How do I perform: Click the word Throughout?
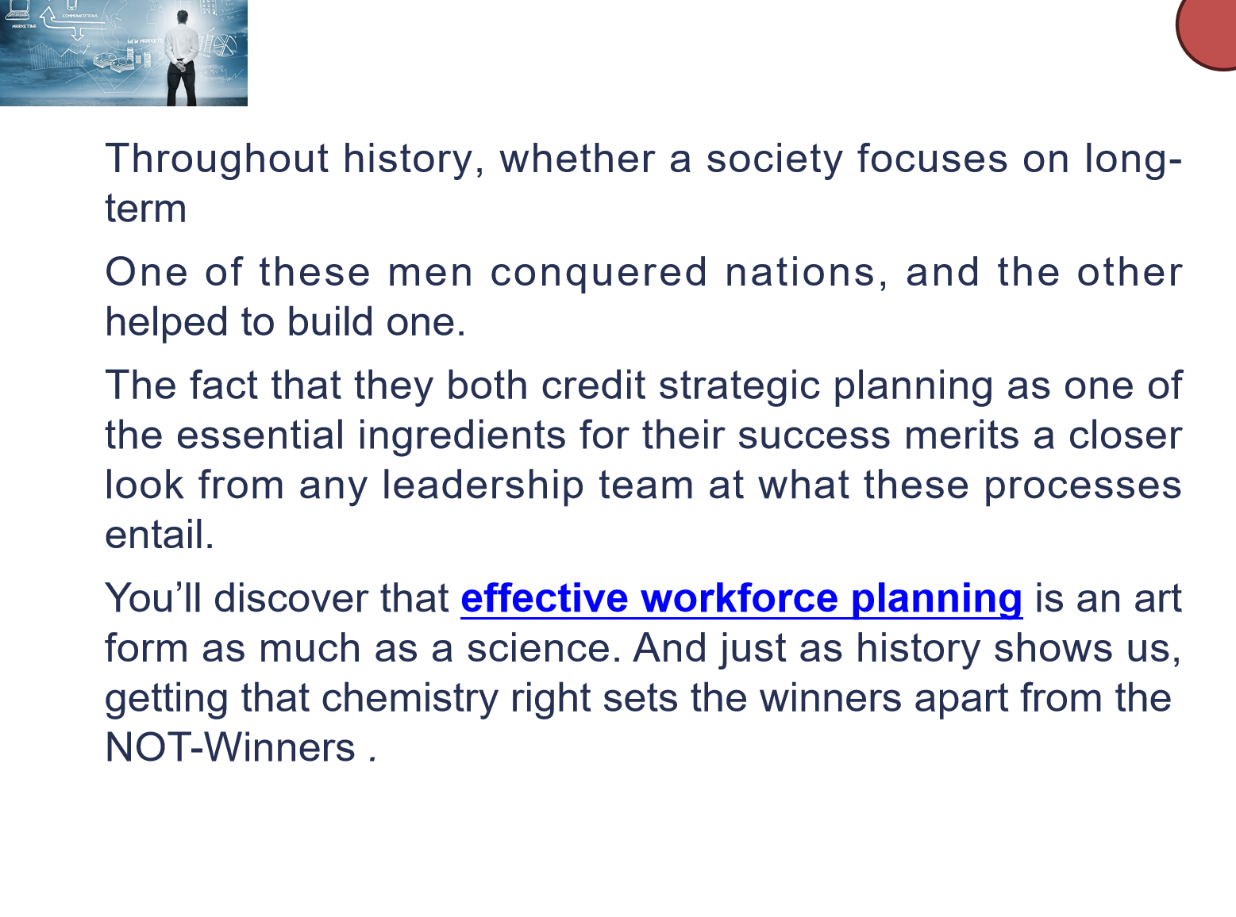(217, 160)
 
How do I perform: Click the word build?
(330, 321)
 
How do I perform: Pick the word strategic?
(740, 386)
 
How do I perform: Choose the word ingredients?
(461, 436)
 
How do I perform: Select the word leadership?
(483, 485)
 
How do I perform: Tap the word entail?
(160, 535)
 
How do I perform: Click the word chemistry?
(410, 699)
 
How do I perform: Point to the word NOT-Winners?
(230, 747)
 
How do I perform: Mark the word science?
(544, 649)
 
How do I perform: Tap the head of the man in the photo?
(183, 16)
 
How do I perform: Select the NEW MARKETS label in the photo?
(145, 41)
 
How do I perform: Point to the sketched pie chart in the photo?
(225, 45)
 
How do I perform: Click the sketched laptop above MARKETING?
(17, 12)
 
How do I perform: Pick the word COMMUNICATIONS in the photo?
(79, 16)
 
